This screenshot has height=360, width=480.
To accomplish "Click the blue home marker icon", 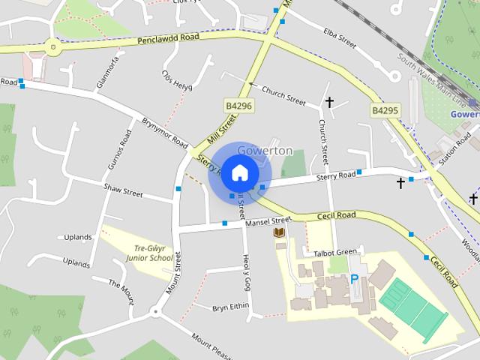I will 238,173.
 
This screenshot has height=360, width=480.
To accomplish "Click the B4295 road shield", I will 385,110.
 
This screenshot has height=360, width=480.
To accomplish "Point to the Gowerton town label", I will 264,151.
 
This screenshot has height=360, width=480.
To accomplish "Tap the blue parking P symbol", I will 354,279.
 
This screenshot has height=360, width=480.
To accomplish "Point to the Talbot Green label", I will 335,253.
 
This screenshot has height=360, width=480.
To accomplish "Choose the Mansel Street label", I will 267,221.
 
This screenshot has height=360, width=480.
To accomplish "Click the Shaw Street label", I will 123,190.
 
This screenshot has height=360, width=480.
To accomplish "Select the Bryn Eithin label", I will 230,307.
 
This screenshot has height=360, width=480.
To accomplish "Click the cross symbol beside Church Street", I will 328,101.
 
